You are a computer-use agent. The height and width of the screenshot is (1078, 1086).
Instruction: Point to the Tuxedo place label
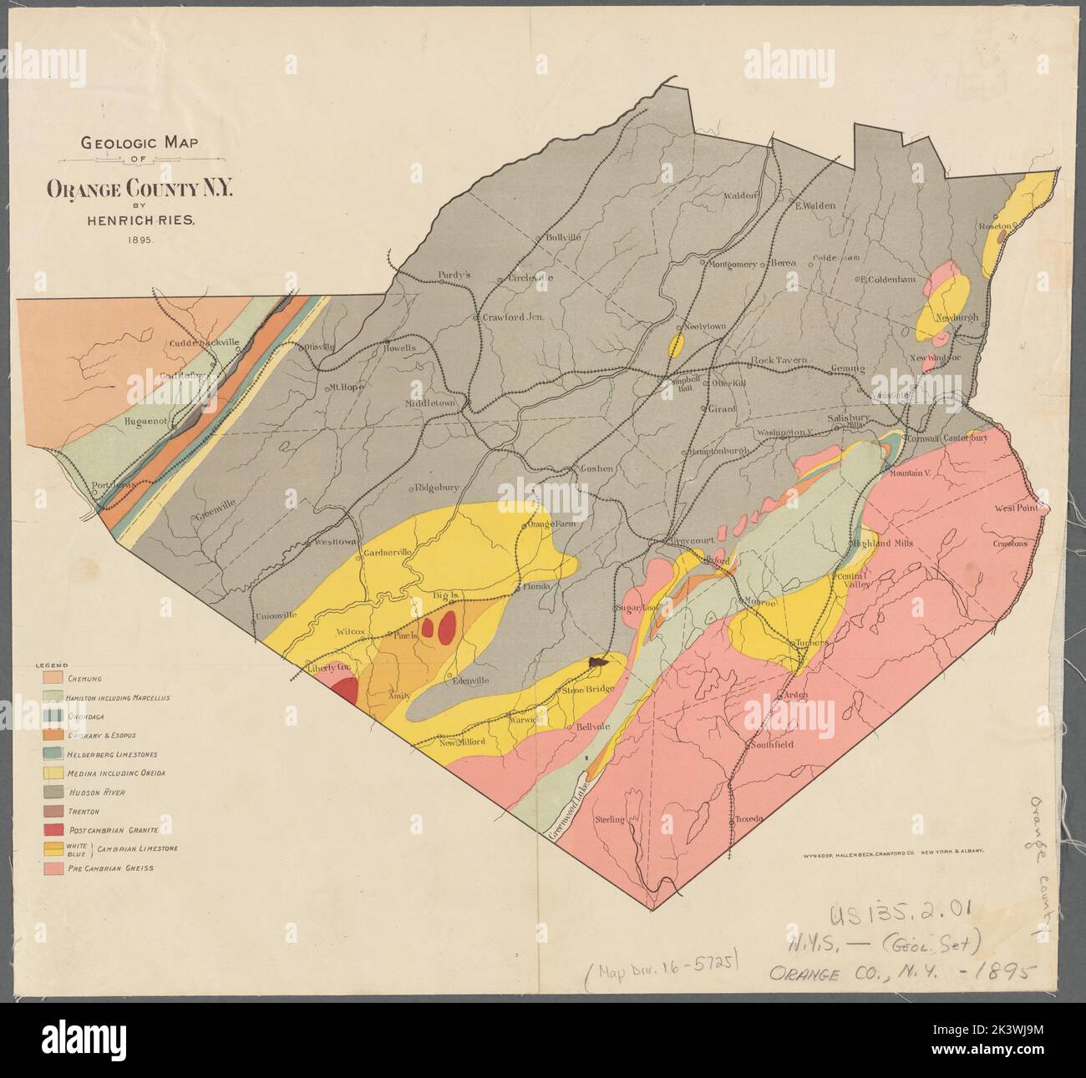coord(749,819)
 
